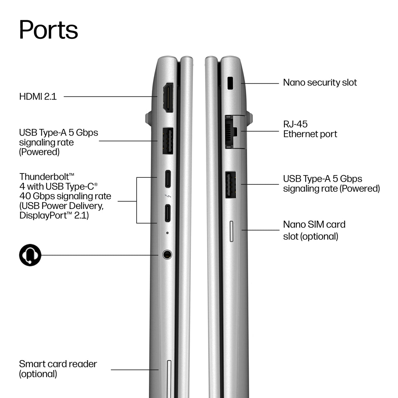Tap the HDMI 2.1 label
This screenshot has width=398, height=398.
[x=38, y=97]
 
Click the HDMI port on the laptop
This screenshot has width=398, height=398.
[x=168, y=98]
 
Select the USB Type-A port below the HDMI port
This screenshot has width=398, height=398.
[x=168, y=141]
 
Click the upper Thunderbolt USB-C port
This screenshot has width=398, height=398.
[x=168, y=179]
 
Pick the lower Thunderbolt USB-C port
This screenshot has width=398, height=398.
[x=167, y=213]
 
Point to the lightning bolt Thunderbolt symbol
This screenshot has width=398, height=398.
[x=168, y=196]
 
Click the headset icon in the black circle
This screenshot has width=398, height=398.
[x=30, y=255]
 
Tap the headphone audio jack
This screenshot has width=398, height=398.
[x=167, y=254]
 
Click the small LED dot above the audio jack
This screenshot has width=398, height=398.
[x=167, y=233]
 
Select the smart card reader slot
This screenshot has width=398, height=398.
[x=169, y=379]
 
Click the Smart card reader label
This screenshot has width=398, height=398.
[x=58, y=369]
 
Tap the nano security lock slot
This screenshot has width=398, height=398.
[x=230, y=83]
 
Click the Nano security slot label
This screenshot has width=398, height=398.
[x=320, y=83]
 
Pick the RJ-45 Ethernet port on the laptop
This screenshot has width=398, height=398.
[x=235, y=132]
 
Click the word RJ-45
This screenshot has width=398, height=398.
[x=296, y=124]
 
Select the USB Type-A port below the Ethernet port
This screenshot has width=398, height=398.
[x=231, y=185]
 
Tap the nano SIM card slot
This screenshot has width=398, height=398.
[x=232, y=231]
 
